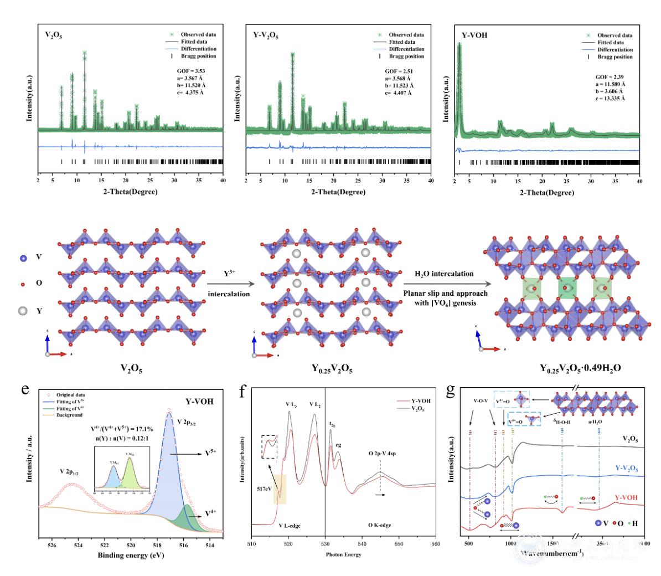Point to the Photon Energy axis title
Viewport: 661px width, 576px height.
(x=343, y=554)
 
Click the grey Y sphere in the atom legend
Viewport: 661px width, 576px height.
(x=23, y=310)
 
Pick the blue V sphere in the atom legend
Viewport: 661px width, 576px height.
(x=23, y=258)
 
